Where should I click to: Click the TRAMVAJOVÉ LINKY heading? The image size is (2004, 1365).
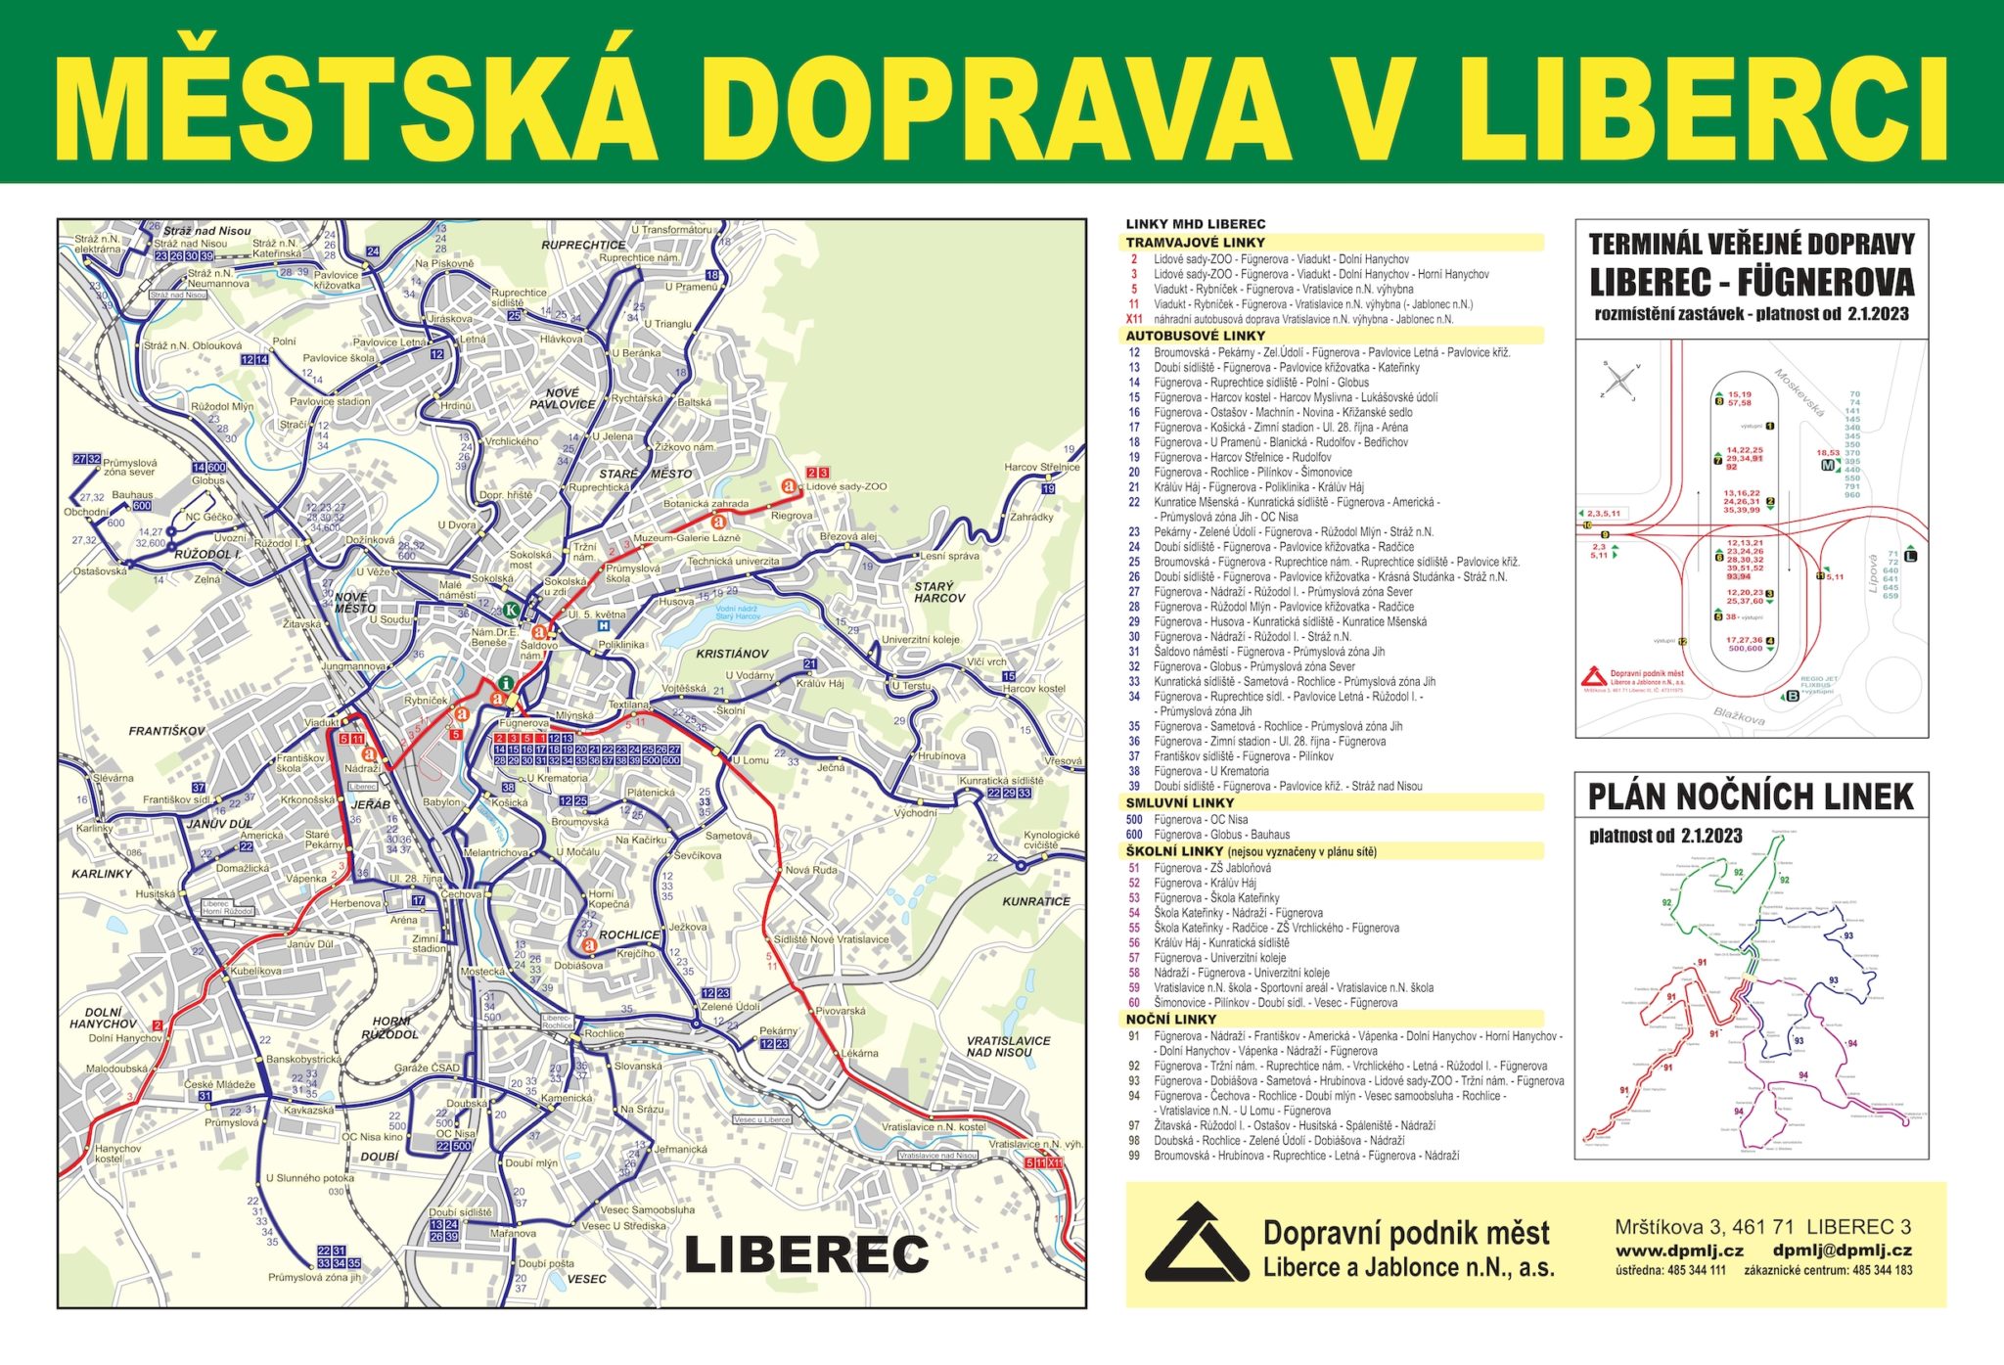click(x=1195, y=242)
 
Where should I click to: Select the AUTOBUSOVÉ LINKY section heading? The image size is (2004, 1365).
click(x=1196, y=335)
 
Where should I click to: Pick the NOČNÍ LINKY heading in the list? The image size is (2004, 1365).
click(x=1170, y=1019)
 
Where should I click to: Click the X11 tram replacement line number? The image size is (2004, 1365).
click(x=1134, y=319)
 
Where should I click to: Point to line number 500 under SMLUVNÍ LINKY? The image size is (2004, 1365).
click(x=1134, y=820)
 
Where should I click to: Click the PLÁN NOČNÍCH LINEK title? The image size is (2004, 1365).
click(x=1750, y=796)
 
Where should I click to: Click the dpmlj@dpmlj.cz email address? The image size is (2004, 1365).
click(x=1842, y=1250)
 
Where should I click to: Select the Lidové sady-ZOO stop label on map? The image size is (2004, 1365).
click(x=846, y=486)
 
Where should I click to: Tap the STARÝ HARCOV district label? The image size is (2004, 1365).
click(x=938, y=592)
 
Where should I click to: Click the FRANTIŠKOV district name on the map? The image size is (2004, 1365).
click(x=166, y=731)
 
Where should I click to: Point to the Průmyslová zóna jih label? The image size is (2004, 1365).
click(x=314, y=1277)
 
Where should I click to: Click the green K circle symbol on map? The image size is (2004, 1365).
click(x=511, y=610)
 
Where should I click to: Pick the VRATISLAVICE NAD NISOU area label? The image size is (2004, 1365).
click(x=1008, y=1046)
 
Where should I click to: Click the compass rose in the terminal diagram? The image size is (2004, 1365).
click(x=1619, y=381)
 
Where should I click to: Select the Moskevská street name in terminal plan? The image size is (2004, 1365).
click(x=1799, y=392)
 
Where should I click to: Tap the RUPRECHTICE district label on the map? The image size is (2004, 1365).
click(x=583, y=245)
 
